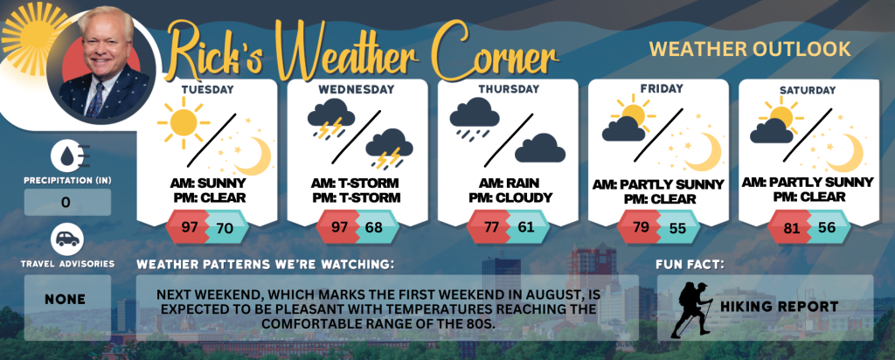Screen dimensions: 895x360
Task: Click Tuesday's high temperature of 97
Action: coord(190,227)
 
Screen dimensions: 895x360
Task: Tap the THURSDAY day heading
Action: coord(509,89)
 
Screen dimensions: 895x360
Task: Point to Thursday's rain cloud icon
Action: coord(474,118)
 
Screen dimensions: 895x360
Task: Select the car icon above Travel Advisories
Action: coord(66,239)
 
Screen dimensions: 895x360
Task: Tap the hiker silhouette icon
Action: coord(692,309)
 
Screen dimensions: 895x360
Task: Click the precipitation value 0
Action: coord(66,203)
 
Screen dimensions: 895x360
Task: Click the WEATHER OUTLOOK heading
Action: coord(750,50)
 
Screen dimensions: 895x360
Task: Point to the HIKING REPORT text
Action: coord(779,307)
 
